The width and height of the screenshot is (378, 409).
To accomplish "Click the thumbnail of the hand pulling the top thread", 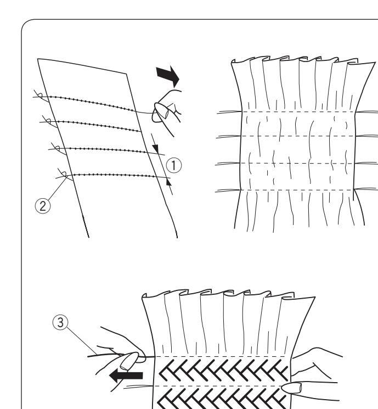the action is tap(161, 111).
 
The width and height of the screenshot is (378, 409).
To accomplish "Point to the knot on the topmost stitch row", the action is tap(37, 96).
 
